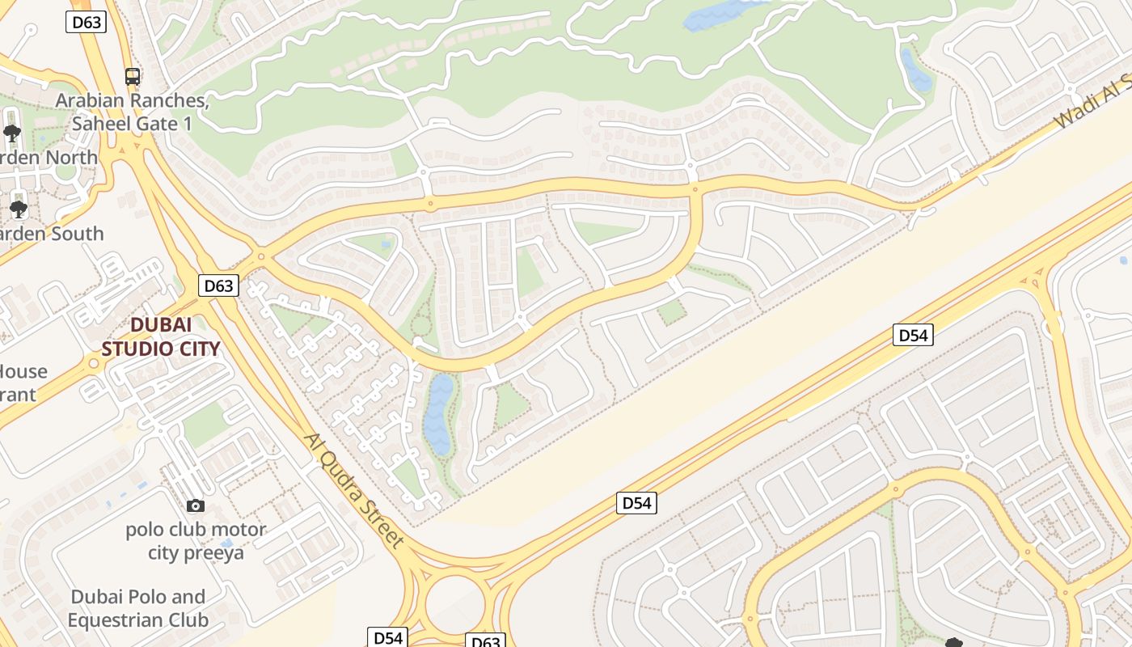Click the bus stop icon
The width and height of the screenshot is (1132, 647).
[133, 77]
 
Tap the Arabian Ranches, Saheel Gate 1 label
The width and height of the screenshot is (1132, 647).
[133, 112]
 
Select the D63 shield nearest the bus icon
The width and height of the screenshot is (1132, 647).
[87, 22]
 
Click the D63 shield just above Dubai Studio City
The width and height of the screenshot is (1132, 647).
[218, 285]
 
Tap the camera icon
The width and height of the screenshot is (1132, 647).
[195, 506]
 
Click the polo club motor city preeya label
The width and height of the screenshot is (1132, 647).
[196, 542]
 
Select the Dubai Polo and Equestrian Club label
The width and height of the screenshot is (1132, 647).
[137, 608]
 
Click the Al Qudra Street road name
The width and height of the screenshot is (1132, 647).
[353, 490]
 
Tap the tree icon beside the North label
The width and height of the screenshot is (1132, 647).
[11, 133]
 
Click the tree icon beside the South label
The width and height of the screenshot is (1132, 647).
[18, 209]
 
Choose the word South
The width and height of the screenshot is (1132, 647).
[76, 234]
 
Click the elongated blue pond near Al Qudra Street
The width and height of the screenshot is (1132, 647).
[439, 413]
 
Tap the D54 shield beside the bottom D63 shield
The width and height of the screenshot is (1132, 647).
[388, 637]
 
